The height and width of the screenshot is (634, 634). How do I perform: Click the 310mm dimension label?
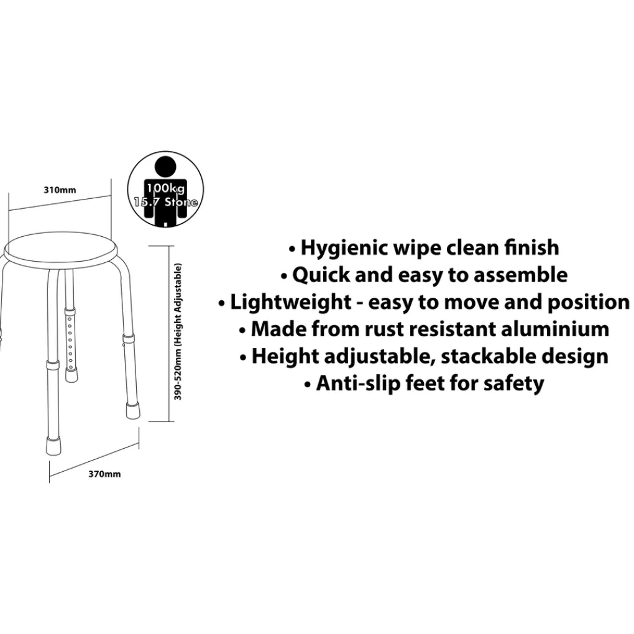[60, 190]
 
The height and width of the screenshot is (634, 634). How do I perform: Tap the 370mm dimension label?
[104, 474]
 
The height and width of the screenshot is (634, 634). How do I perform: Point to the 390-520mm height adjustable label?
[178, 331]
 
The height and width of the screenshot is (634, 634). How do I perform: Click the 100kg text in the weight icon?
[165, 188]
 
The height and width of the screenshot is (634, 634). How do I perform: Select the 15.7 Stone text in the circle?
[165, 202]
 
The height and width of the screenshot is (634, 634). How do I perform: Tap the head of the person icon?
[165, 166]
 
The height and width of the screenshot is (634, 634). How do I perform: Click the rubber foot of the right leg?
[132, 410]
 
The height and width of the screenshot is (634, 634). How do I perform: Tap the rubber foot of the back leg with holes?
[71, 375]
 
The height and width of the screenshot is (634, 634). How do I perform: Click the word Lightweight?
[290, 303]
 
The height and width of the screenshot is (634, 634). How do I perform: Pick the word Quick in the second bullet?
[321, 275]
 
